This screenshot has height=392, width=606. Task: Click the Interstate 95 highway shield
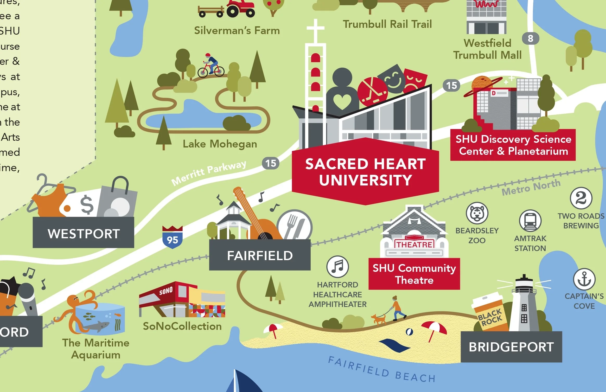click(172, 237)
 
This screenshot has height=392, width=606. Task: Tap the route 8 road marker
click(530, 38)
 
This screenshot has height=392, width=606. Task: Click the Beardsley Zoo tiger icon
click(477, 213)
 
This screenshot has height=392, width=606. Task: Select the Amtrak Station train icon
click(530, 221)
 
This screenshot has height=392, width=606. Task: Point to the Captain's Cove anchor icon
click(584, 279)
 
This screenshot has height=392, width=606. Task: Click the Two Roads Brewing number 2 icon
click(581, 198)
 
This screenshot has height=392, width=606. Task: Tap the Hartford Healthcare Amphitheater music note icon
click(337, 267)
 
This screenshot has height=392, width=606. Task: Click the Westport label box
click(84, 233)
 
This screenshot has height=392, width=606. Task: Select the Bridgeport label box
click(511, 347)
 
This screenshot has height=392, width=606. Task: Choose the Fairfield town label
click(260, 255)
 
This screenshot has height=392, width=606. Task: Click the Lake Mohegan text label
click(220, 144)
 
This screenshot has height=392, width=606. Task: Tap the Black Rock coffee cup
click(489, 313)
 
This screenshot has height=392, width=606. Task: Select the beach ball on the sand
click(409, 332)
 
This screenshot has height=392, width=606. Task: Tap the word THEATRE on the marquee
click(414, 245)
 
